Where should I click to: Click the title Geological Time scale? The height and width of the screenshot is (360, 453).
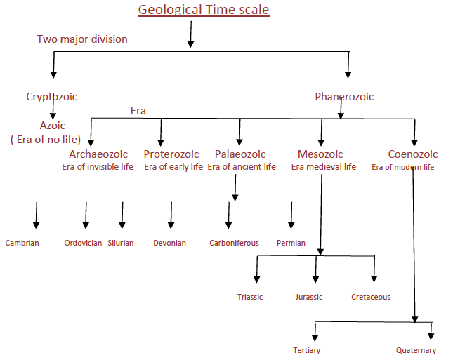204,10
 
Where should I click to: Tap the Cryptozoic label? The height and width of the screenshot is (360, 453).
52,97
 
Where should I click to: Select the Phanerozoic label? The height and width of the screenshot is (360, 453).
344,97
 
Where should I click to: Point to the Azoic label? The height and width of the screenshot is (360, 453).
52,126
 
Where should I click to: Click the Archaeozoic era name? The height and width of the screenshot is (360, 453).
98,154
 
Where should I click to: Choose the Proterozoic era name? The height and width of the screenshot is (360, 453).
171,154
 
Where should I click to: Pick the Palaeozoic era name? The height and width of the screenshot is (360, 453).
240,154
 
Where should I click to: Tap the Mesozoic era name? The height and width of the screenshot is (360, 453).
320,154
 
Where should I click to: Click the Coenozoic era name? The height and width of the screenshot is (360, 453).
413,154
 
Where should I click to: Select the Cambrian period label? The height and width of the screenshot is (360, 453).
22,243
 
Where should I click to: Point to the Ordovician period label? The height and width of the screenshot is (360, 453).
83,243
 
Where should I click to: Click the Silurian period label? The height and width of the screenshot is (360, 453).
121,243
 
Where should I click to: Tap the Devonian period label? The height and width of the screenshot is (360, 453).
169,243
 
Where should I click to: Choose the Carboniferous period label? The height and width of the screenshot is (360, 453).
235,243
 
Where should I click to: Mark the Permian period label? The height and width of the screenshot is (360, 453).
291,243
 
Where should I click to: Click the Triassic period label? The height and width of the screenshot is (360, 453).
250,297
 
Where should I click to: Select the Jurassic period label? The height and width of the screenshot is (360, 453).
309,297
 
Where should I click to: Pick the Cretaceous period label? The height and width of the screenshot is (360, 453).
371,297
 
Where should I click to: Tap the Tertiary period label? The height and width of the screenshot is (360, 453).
307,350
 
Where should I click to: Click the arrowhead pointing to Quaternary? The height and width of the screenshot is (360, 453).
431,336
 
